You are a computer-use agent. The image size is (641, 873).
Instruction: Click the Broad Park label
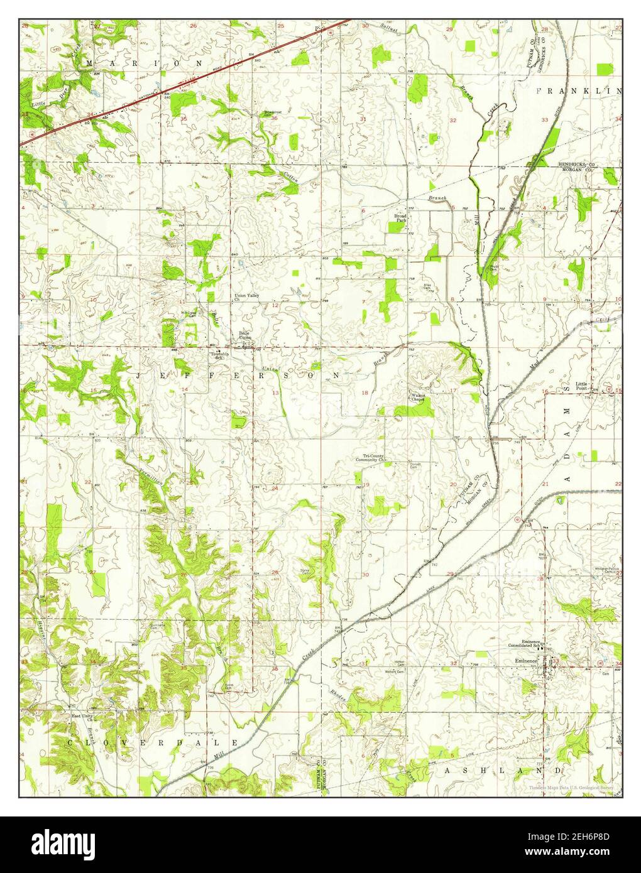(400, 219)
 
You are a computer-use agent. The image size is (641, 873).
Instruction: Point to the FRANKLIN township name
(578, 91)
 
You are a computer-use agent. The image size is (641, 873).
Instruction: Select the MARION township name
(145, 63)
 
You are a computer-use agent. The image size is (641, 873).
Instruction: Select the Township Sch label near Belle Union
(219, 355)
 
